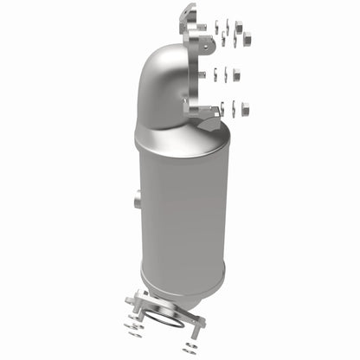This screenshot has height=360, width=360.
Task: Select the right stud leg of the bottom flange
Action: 200,323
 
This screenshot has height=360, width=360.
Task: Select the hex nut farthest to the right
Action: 246,37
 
